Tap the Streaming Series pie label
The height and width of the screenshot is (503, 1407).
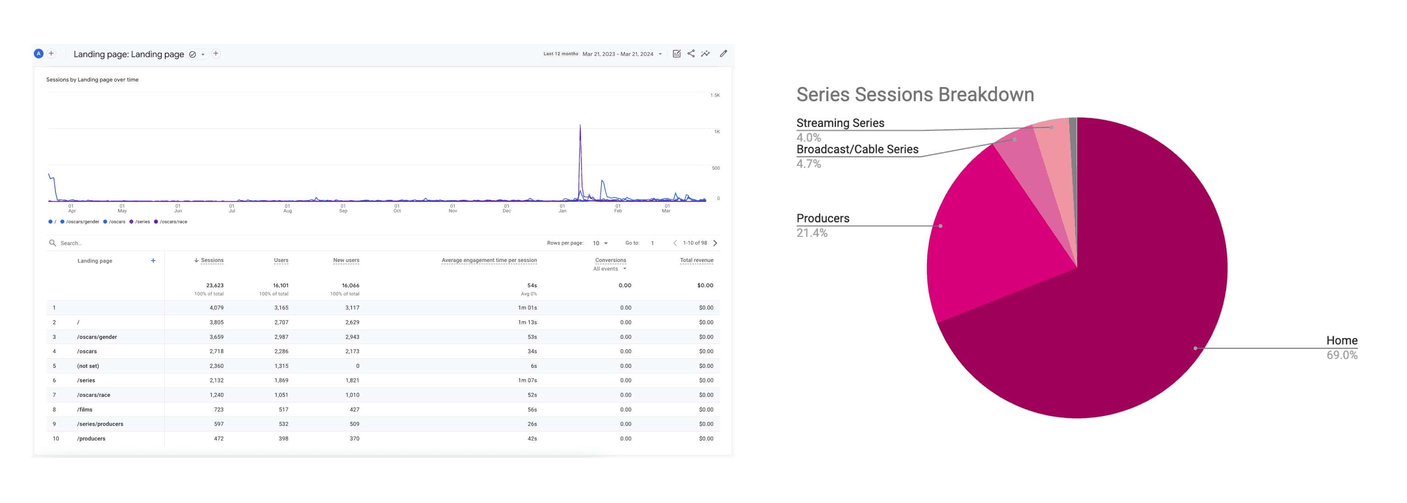click(840, 123)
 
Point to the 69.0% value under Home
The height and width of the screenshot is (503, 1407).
click(1342, 355)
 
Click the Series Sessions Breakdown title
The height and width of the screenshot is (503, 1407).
click(915, 94)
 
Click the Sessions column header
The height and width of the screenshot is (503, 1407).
click(212, 261)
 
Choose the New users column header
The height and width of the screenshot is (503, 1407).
click(346, 261)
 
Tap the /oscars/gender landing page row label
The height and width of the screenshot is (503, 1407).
click(97, 337)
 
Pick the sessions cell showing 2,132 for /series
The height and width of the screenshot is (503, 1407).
click(216, 381)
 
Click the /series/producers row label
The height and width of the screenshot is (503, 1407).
click(100, 424)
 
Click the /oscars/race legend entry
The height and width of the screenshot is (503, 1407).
click(173, 222)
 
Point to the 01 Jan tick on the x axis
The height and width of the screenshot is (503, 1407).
click(562, 208)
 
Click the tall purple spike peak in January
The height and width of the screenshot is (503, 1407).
click(580, 126)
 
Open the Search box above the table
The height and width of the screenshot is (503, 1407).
click(71, 243)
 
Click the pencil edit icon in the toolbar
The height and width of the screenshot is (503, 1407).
click(723, 54)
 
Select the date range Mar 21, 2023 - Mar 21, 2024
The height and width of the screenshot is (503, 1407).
click(617, 54)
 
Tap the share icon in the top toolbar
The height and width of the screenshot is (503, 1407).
click(691, 54)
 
